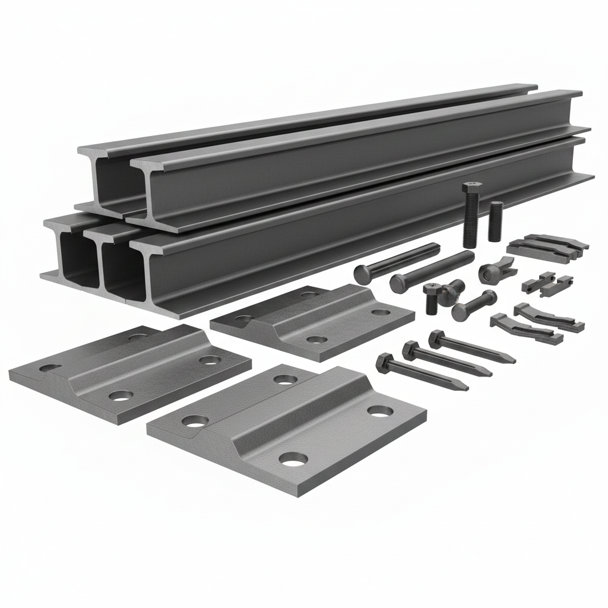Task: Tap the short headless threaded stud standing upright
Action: click(x=495, y=221)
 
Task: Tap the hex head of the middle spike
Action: click(x=410, y=350)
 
